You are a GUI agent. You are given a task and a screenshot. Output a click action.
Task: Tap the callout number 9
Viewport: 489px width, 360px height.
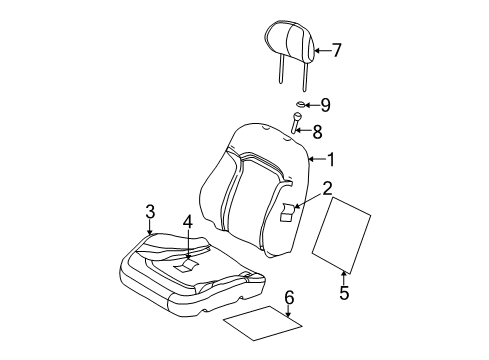[x=325, y=103]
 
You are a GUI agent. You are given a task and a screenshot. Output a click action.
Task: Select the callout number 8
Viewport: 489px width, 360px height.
[x=317, y=129]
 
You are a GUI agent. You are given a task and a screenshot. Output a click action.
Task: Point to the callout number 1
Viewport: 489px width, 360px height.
[x=332, y=159]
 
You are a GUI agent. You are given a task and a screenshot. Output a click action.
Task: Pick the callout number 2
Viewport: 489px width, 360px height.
[x=327, y=187]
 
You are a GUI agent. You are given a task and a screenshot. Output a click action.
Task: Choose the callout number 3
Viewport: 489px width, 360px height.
[x=150, y=211]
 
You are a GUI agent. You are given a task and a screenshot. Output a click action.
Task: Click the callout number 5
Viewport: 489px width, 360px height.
[x=343, y=293]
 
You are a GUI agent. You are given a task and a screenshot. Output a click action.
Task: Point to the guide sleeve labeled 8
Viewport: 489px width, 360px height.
[x=297, y=124]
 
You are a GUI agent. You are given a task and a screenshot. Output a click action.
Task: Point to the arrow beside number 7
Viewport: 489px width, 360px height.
[x=320, y=48]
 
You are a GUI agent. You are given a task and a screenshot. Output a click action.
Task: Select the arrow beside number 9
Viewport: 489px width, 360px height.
[x=311, y=104]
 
